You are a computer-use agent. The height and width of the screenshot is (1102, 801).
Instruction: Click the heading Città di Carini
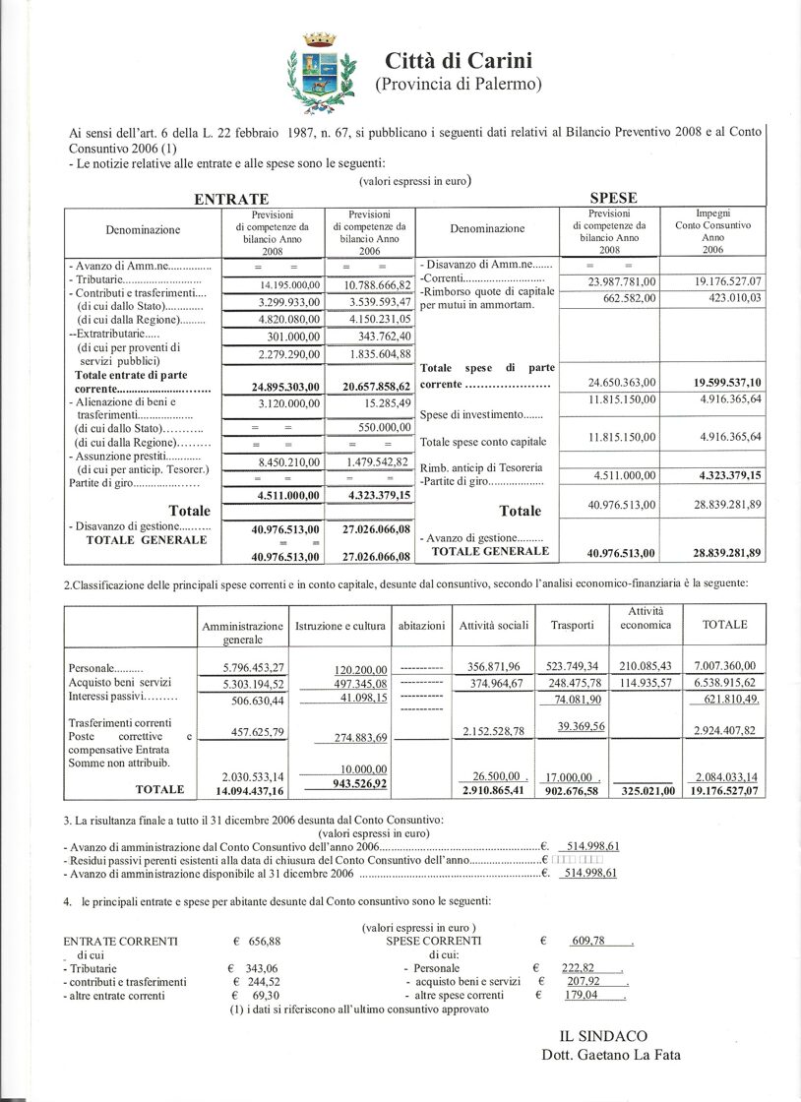click(x=459, y=60)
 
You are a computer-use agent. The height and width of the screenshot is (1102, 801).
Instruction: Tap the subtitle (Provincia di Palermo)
click(x=459, y=85)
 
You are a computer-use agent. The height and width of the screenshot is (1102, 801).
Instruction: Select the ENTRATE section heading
click(x=231, y=199)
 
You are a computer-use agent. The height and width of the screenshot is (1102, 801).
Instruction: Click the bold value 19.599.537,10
click(x=720, y=381)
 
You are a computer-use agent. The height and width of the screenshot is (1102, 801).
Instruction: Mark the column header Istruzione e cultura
click(x=340, y=625)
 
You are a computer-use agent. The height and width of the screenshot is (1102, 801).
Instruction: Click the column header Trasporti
click(x=572, y=625)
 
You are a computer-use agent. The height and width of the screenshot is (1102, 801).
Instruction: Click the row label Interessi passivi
click(x=122, y=697)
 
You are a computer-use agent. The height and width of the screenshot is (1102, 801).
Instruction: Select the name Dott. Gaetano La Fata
click(x=610, y=1055)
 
